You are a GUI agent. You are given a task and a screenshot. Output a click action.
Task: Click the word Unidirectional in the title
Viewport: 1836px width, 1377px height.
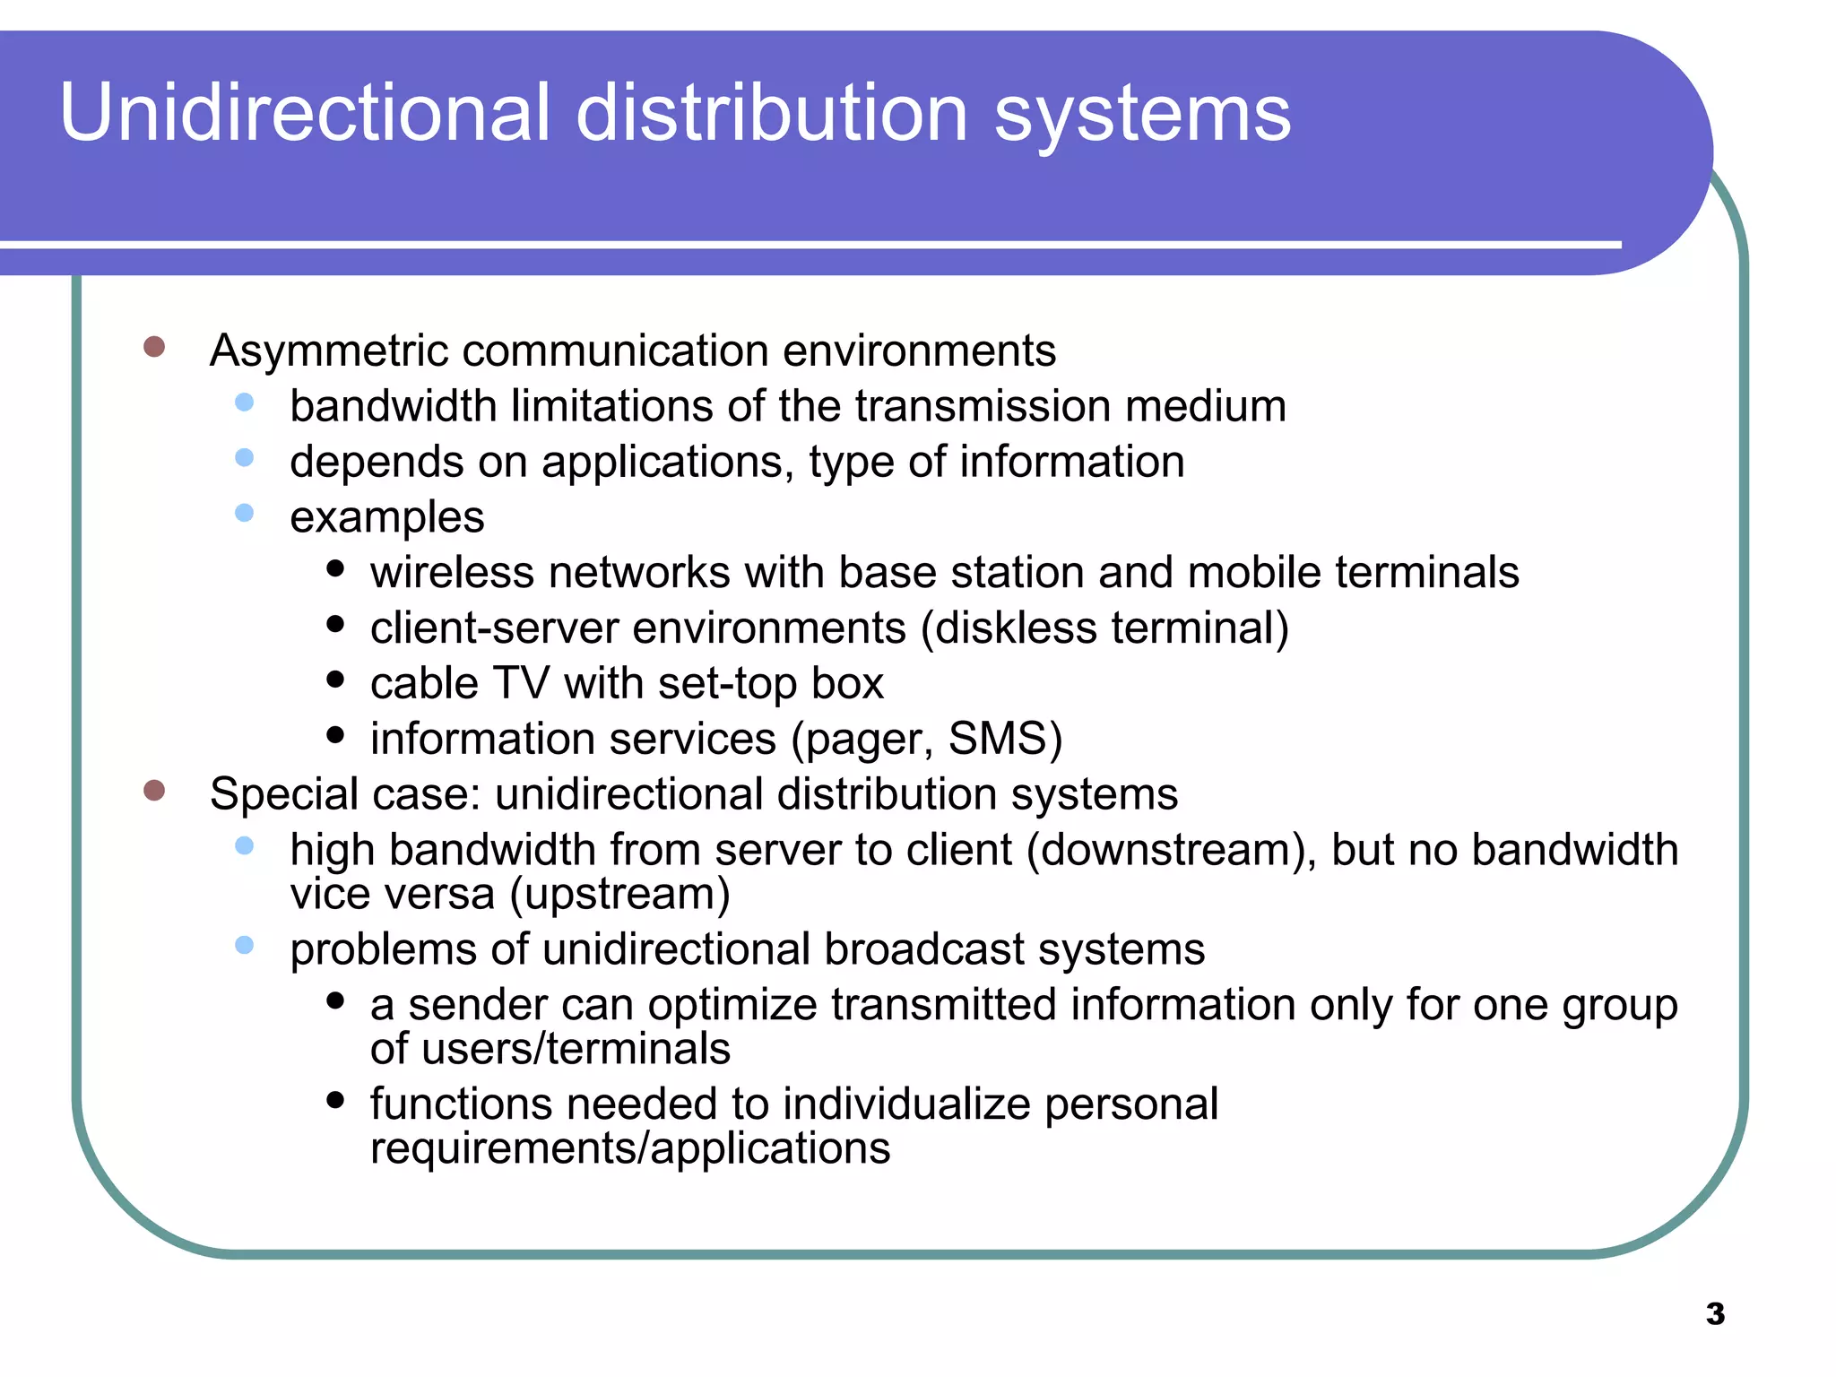click(x=305, y=113)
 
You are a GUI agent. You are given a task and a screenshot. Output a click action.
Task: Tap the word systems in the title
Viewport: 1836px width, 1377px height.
click(x=1142, y=115)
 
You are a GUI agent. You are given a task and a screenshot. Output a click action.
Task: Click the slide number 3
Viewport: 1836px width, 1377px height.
click(x=1715, y=1314)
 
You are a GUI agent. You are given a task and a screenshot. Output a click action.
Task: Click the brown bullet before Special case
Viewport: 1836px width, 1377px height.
click(x=154, y=790)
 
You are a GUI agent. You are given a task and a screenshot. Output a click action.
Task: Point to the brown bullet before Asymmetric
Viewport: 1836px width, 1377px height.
click(x=154, y=347)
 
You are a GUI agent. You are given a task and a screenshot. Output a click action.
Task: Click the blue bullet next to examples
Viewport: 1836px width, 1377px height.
click(x=245, y=513)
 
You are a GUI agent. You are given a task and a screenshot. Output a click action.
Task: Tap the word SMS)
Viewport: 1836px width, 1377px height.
click(x=1005, y=739)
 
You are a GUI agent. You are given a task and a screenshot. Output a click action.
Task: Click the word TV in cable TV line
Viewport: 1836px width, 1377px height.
click(x=521, y=683)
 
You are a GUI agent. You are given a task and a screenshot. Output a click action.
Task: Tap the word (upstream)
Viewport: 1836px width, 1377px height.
click(x=619, y=894)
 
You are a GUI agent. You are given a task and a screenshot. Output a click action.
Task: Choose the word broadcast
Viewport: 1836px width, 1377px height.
click(x=923, y=949)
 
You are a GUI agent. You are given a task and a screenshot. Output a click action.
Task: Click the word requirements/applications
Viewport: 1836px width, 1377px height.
click(x=630, y=1148)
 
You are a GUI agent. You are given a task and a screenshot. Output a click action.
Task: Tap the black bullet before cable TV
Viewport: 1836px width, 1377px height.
click(x=336, y=680)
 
